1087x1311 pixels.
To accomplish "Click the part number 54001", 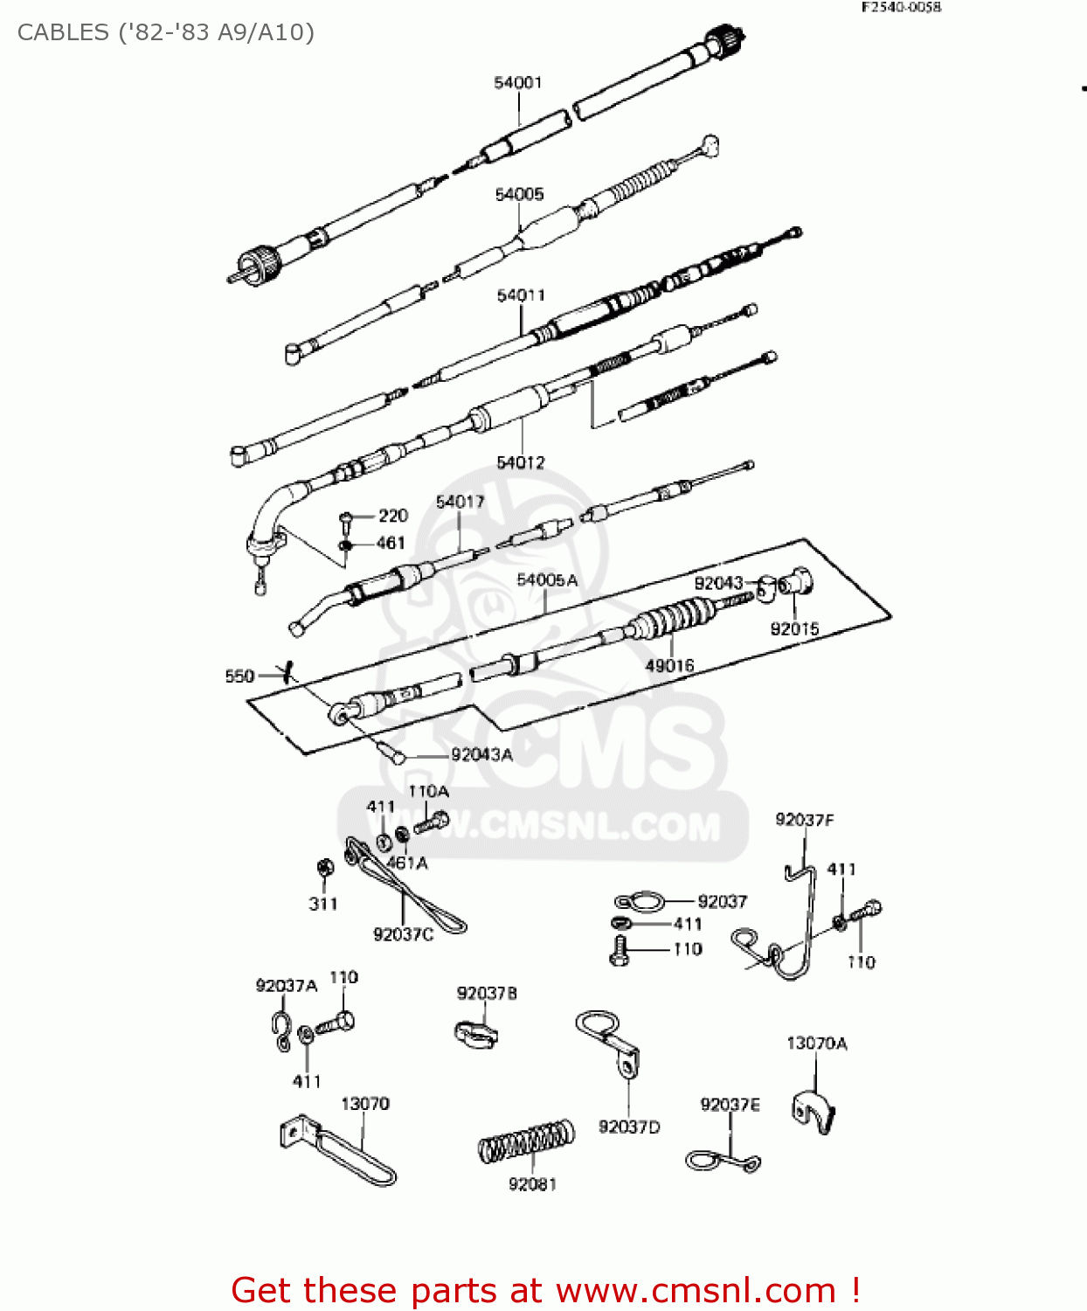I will click(518, 82).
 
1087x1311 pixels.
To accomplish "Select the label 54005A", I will click(547, 580).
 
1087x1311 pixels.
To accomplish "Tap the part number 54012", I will click(521, 462).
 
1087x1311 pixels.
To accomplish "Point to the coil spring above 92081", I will click(527, 1141).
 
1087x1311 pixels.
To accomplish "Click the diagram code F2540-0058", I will click(901, 7).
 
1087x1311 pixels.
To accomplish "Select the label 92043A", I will click(481, 755).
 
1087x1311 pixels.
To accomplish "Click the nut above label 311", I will click(323, 869).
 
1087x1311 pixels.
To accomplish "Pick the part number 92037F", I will click(804, 820).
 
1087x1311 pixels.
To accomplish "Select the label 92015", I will click(794, 629).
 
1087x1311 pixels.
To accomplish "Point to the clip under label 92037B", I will click(475, 1033).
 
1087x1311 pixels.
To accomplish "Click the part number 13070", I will click(365, 1104).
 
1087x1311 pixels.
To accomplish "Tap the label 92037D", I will click(629, 1127).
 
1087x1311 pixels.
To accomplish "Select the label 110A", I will click(428, 792).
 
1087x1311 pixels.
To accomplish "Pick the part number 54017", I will click(460, 502).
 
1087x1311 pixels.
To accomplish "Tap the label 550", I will click(239, 676).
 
